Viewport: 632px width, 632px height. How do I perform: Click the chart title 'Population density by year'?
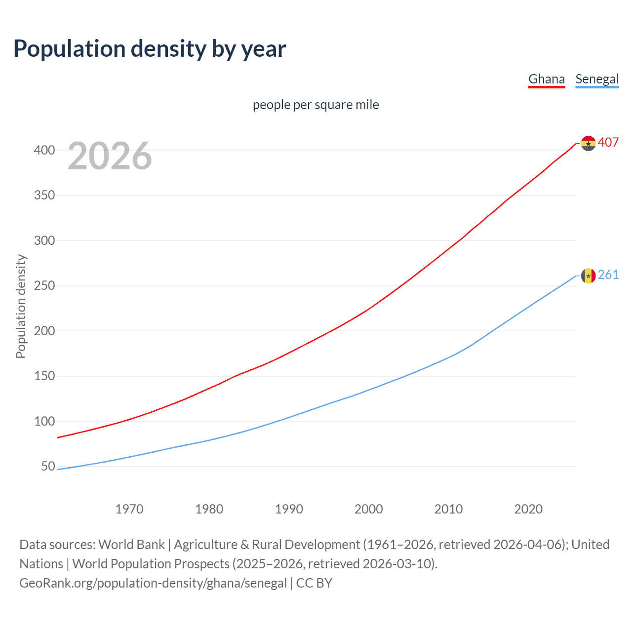150,49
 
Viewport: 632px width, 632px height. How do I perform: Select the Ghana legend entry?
546,79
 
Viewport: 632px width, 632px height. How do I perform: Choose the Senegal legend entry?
596,79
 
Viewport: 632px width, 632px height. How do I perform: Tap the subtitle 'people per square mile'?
316,105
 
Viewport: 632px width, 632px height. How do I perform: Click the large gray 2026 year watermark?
110,156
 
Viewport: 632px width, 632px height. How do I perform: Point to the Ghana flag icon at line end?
588,143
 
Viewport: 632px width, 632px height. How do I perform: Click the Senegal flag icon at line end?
588,276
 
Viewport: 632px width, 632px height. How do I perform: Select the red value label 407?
608,143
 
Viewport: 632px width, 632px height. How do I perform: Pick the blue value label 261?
608,275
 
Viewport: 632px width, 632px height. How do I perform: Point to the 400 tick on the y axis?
44,150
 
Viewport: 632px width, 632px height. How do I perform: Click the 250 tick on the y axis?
44,286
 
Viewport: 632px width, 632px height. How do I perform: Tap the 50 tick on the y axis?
48,467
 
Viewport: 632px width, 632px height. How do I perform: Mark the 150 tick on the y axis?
44,376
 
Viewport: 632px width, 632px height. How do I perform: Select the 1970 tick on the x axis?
129,509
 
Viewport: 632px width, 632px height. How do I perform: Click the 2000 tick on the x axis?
368,509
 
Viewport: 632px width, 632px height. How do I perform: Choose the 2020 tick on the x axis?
528,509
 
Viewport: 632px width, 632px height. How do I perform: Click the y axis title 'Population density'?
21,306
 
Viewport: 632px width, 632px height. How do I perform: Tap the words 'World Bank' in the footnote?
131,545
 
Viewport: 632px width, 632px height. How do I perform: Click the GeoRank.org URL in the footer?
153,583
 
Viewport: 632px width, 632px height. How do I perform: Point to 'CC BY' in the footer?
314,583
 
